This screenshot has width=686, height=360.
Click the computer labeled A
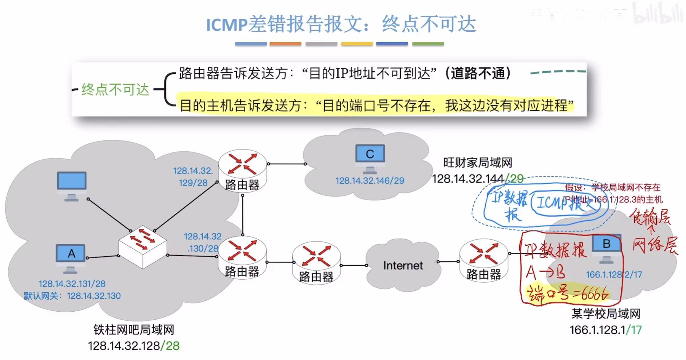tap(71, 257)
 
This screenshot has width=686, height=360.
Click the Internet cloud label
tap(403, 266)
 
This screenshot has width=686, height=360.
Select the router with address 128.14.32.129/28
tap(242, 170)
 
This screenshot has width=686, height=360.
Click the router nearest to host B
tap(484, 261)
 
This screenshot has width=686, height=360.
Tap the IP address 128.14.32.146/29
tap(370, 181)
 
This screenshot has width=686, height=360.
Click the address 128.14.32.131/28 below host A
tap(72, 284)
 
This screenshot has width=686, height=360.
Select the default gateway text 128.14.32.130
tap(94, 296)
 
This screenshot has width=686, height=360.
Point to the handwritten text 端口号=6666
tap(567, 294)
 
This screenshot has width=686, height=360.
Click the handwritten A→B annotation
tap(546, 272)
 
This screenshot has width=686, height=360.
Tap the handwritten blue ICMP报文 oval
tap(564, 202)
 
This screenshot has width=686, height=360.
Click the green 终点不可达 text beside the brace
tap(115, 90)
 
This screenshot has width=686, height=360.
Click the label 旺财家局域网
tap(478, 163)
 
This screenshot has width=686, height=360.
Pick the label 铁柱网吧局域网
tap(134, 330)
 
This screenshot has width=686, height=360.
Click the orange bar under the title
tap(285, 44)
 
